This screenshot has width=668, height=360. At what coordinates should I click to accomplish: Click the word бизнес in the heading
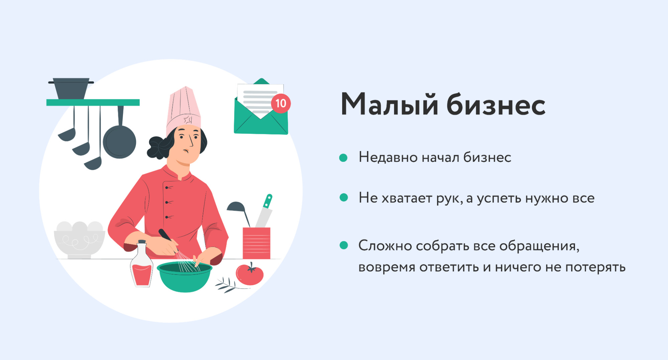pyautogui.click(x=496, y=104)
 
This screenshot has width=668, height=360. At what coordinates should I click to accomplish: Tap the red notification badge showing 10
pyautogui.click(x=281, y=103)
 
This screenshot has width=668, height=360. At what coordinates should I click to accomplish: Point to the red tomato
pyautogui.click(x=250, y=274)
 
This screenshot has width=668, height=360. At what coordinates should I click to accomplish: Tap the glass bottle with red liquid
pyautogui.click(x=142, y=264)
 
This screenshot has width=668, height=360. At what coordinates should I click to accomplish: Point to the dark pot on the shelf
pyautogui.click(x=71, y=89)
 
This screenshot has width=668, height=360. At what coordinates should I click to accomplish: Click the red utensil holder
pyautogui.click(x=256, y=243)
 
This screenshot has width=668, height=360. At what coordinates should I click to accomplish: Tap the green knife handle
pyautogui.click(x=268, y=201)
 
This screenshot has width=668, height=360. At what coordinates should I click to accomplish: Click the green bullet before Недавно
pyautogui.click(x=343, y=158)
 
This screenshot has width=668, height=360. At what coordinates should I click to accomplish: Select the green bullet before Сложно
pyautogui.click(x=344, y=245)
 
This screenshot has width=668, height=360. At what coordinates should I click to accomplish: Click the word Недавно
pyautogui.click(x=388, y=157)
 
